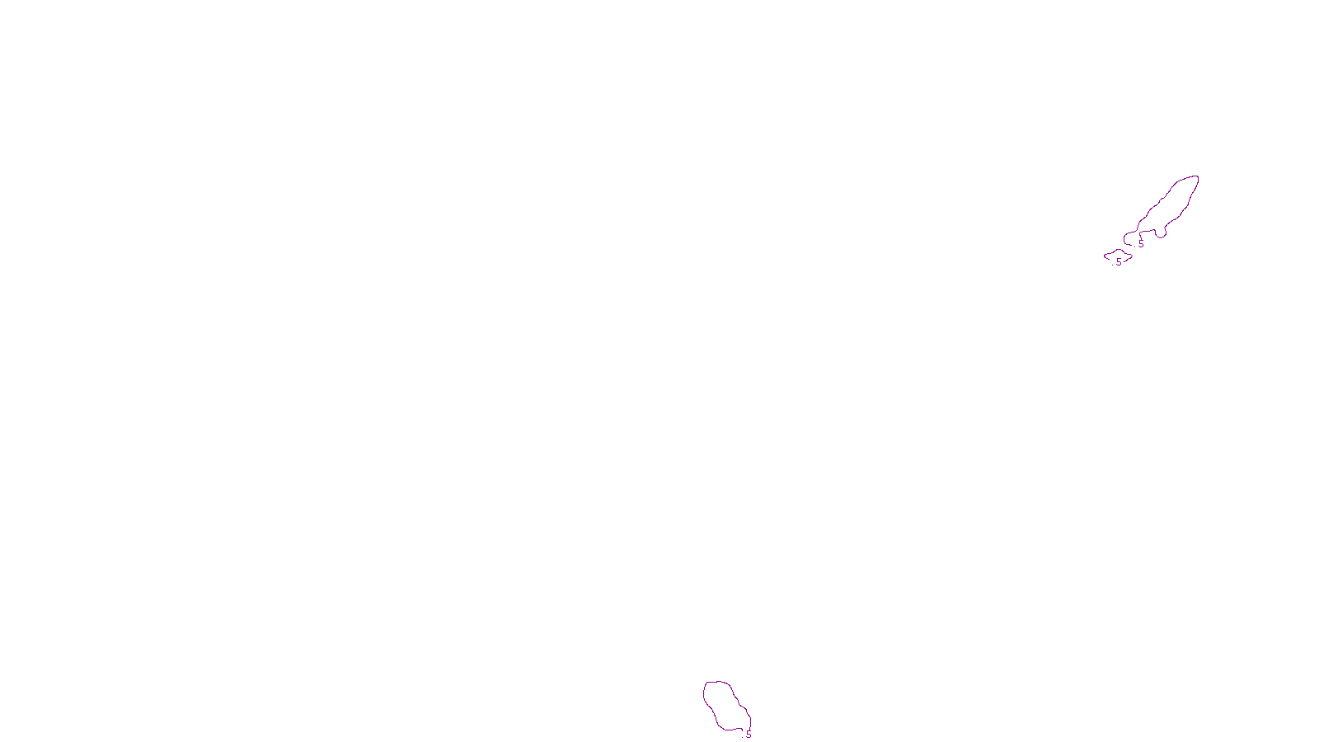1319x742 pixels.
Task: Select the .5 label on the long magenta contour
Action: [x=1140, y=245]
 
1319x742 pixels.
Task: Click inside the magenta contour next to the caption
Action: [x=725, y=705]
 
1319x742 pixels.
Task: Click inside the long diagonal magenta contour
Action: [x=1171, y=206]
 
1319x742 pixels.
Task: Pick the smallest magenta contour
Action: [x=1118, y=256]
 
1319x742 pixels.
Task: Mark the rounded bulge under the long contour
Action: [x=1161, y=234]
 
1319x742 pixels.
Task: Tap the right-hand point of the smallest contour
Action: [x=1132, y=254]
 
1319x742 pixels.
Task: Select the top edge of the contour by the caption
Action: [x=717, y=682]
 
